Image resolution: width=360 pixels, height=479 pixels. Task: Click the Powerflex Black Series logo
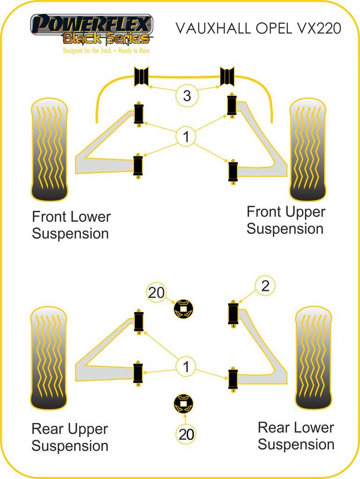(92, 29)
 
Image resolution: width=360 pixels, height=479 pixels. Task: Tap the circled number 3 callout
(187, 96)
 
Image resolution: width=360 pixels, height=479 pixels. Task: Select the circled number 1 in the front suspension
(186, 137)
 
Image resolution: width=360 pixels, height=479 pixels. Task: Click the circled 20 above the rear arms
(156, 293)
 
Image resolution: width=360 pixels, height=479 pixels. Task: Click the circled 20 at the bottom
(186, 434)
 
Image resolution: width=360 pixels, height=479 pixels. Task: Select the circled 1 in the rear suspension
(186, 367)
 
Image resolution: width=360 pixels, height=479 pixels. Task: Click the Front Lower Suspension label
(71, 225)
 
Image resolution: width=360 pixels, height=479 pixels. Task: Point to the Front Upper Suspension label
(286, 220)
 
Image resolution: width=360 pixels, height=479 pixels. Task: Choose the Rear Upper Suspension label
(70, 437)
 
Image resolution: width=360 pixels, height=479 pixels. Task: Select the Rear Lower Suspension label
(296, 435)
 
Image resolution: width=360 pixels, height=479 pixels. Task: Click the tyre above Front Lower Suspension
(49, 150)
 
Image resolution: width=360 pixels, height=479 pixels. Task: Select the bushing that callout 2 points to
(233, 313)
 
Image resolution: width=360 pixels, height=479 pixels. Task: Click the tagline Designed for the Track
(106, 51)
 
